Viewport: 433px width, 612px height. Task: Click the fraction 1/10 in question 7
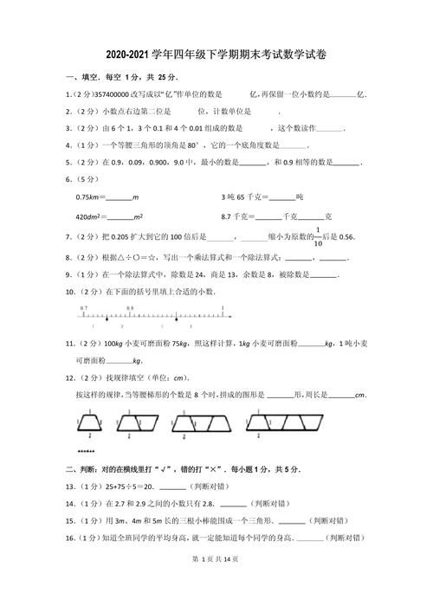coord(317,237)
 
